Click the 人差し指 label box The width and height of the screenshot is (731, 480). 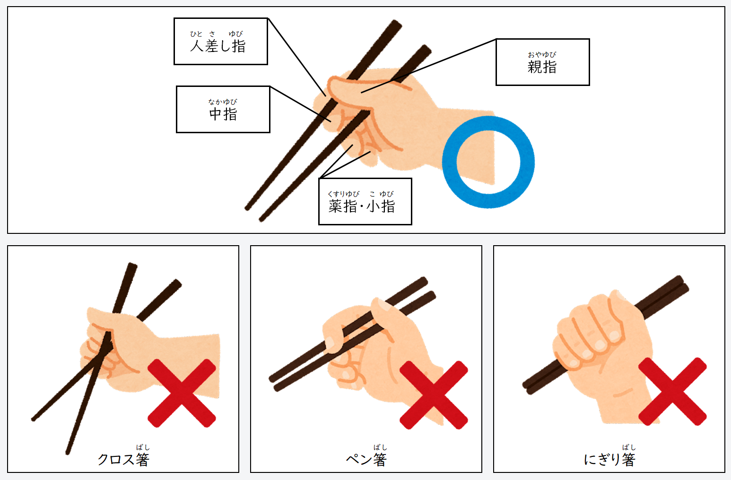pos(221,42)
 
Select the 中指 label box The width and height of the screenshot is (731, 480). pos(223,109)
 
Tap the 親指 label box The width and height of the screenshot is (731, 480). pos(542,62)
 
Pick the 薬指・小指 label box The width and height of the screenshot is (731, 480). pos(365,202)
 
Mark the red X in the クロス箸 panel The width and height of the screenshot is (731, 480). pos(182,393)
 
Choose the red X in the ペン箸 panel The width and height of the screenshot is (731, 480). pos(434,395)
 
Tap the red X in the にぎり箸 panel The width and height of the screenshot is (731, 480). pos(672,392)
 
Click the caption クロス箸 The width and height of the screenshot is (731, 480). pos(123,460)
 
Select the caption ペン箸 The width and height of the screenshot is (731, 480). pos(366,460)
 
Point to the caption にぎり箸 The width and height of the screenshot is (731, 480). pos(609,460)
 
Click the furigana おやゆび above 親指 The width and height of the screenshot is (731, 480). pos(542,54)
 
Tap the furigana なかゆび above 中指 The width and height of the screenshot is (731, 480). pos(223,102)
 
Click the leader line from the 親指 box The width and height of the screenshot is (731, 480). pos(428,66)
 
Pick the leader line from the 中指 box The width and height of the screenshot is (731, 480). pos(301,104)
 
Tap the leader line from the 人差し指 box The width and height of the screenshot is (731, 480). pos(296,57)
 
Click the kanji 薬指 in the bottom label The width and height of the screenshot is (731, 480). pos(343,206)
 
